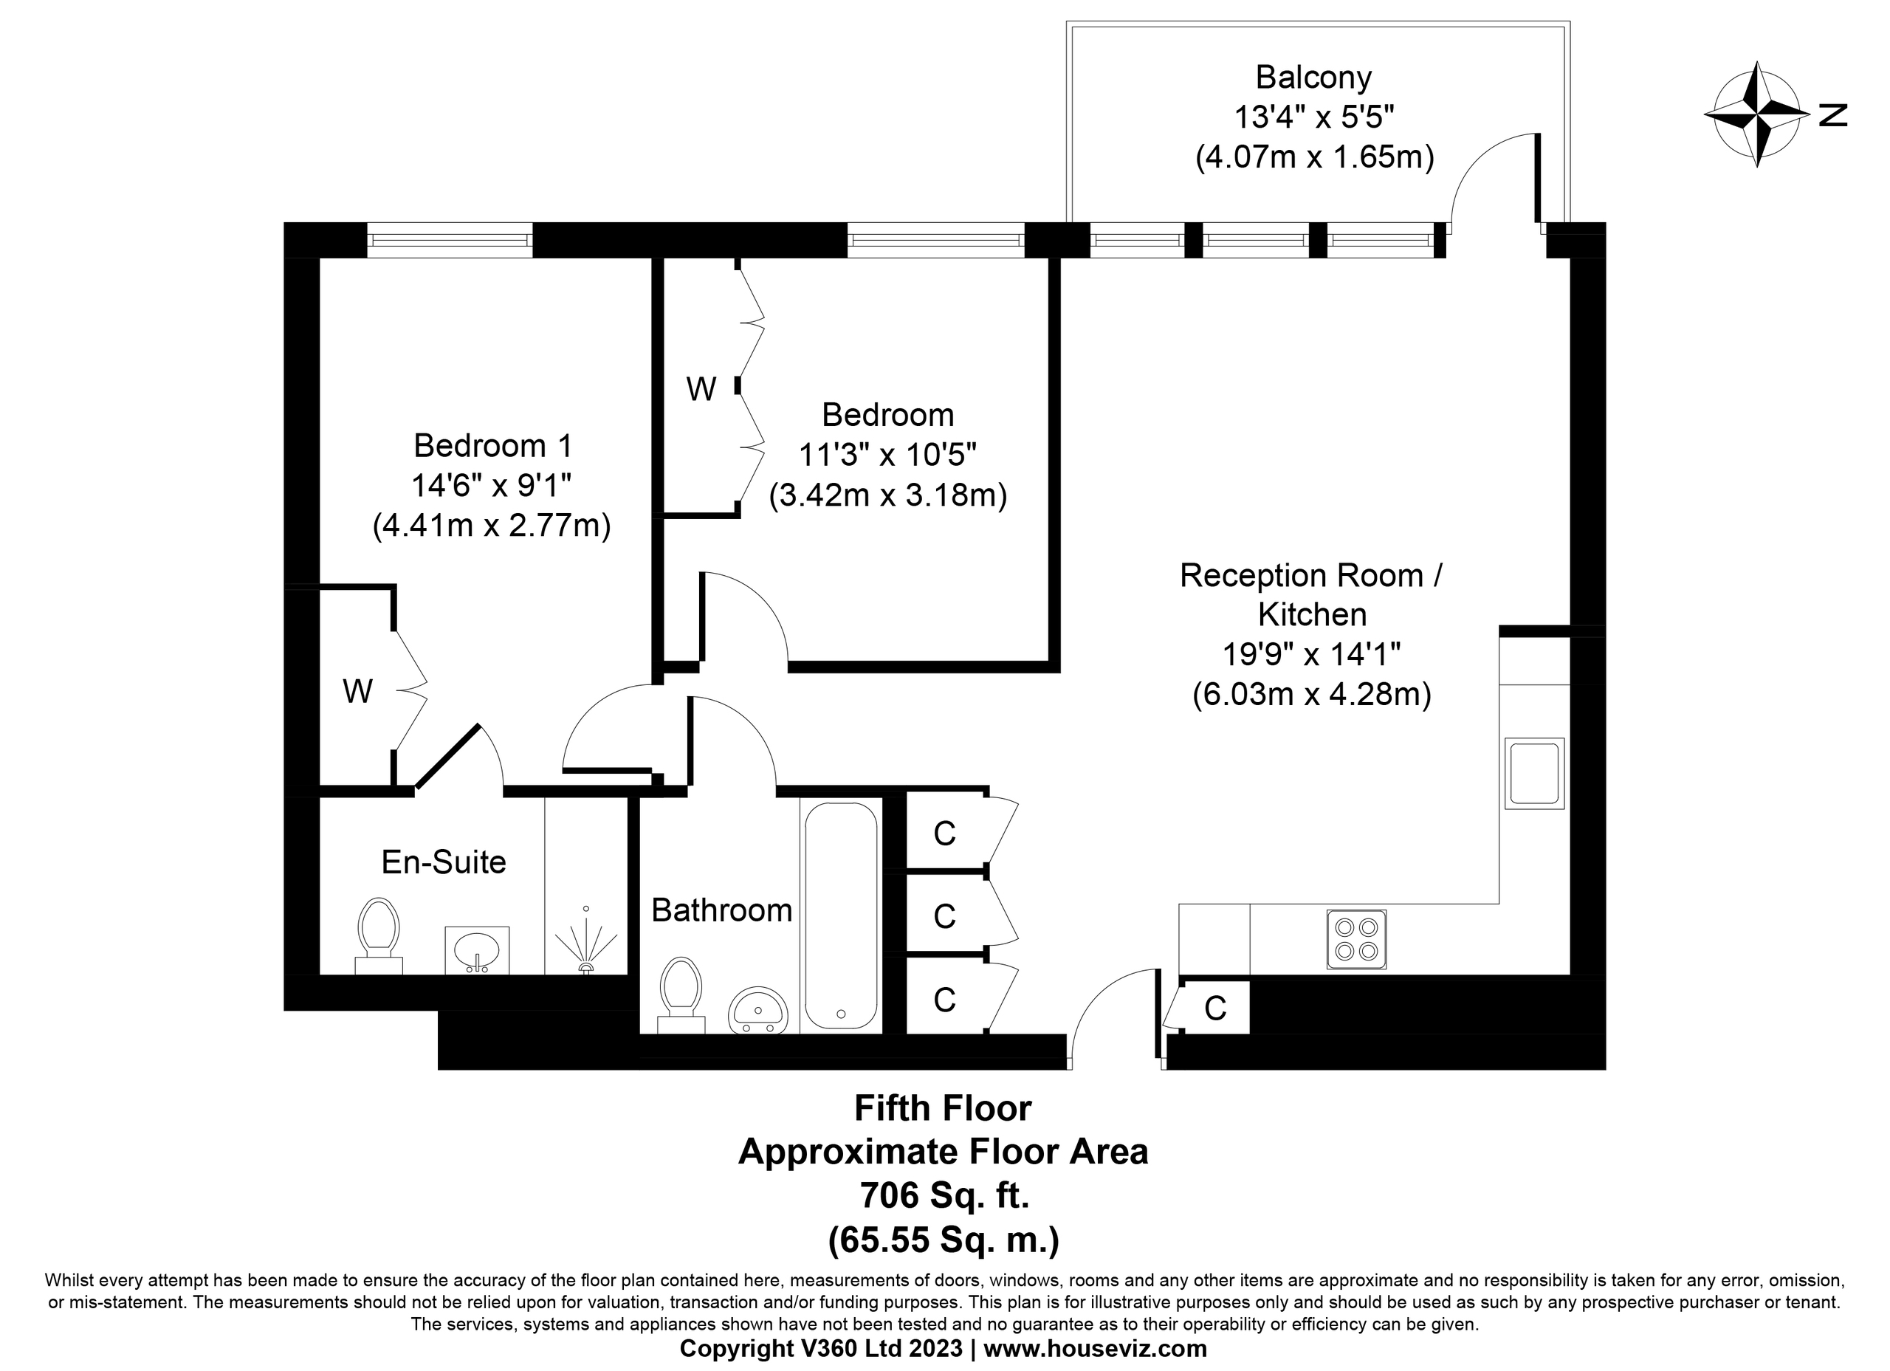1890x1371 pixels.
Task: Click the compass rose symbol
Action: coord(1756,114)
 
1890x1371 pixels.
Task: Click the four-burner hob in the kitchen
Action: coord(1355,939)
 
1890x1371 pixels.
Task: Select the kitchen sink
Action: coord(1533,774)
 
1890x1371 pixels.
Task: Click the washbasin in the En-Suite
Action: coord(476,949)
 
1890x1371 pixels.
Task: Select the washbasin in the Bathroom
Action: coord(757,1010)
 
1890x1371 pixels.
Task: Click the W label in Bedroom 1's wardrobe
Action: coord(357,691)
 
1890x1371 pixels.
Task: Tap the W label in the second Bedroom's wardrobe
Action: coord(701,388)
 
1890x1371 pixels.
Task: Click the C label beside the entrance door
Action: coord(1215,1009)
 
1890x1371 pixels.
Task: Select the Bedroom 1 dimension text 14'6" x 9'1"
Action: coord(491,485)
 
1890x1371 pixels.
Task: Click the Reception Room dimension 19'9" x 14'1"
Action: coord(1311,654)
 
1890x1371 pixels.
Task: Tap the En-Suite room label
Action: coord(443,862)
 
